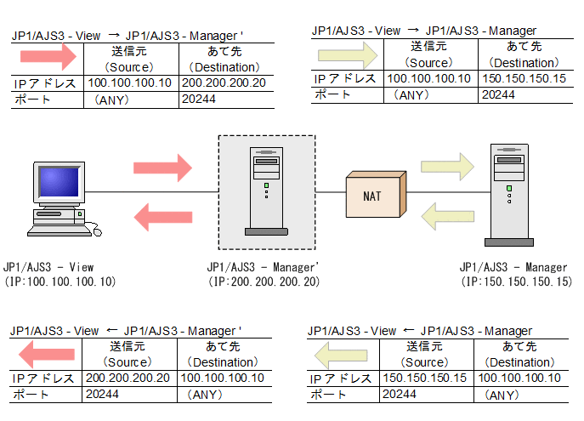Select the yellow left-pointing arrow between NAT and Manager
point(447,216)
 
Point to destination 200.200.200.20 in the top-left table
point(224,83)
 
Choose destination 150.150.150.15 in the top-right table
point(524,79)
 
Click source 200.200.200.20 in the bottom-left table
point(128,378)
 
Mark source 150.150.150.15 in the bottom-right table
point(425,378)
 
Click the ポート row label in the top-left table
point(32,100)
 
